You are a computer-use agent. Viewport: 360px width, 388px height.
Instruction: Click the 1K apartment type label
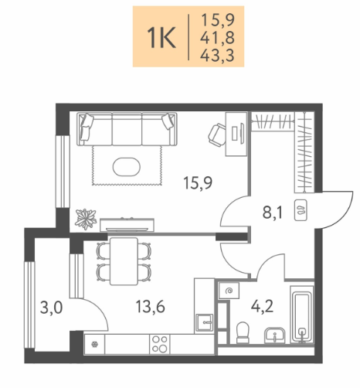pos(161,38)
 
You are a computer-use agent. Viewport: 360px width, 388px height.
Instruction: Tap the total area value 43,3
pos(217,56)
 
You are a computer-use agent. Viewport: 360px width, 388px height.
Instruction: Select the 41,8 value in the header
pos(217,38)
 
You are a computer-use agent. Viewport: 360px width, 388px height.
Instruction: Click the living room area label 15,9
pos(198,183)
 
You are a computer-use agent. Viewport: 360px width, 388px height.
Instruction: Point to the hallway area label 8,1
pos(273,213)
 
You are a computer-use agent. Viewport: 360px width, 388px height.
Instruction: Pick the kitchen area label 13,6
pos(150,307)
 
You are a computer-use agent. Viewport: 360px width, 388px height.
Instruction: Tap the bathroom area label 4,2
pos(262,306)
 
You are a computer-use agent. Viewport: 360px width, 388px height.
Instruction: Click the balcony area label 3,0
pos(51,308)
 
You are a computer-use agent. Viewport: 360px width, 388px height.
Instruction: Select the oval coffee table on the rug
pos(127,167)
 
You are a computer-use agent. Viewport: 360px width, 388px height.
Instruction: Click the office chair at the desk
pos(217,134)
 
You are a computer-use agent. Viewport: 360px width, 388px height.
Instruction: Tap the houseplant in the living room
pos(86,219)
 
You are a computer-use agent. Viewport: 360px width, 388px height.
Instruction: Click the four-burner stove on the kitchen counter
pos(160,344)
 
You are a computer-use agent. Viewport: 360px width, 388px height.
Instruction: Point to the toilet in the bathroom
pos(243,332)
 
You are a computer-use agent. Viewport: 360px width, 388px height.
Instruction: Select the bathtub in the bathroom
pos(302,315)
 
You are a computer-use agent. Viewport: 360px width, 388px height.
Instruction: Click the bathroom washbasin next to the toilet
pos(274,335)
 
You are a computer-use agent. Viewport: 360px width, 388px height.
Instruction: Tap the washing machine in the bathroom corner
pos(229,291)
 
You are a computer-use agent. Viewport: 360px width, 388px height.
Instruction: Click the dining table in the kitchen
pos(124,261)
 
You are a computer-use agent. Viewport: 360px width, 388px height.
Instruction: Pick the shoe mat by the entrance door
pos(301,210)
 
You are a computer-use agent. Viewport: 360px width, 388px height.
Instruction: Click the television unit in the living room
pos(127,225)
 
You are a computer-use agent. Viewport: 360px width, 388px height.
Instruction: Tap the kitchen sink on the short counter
pos(205,322)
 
